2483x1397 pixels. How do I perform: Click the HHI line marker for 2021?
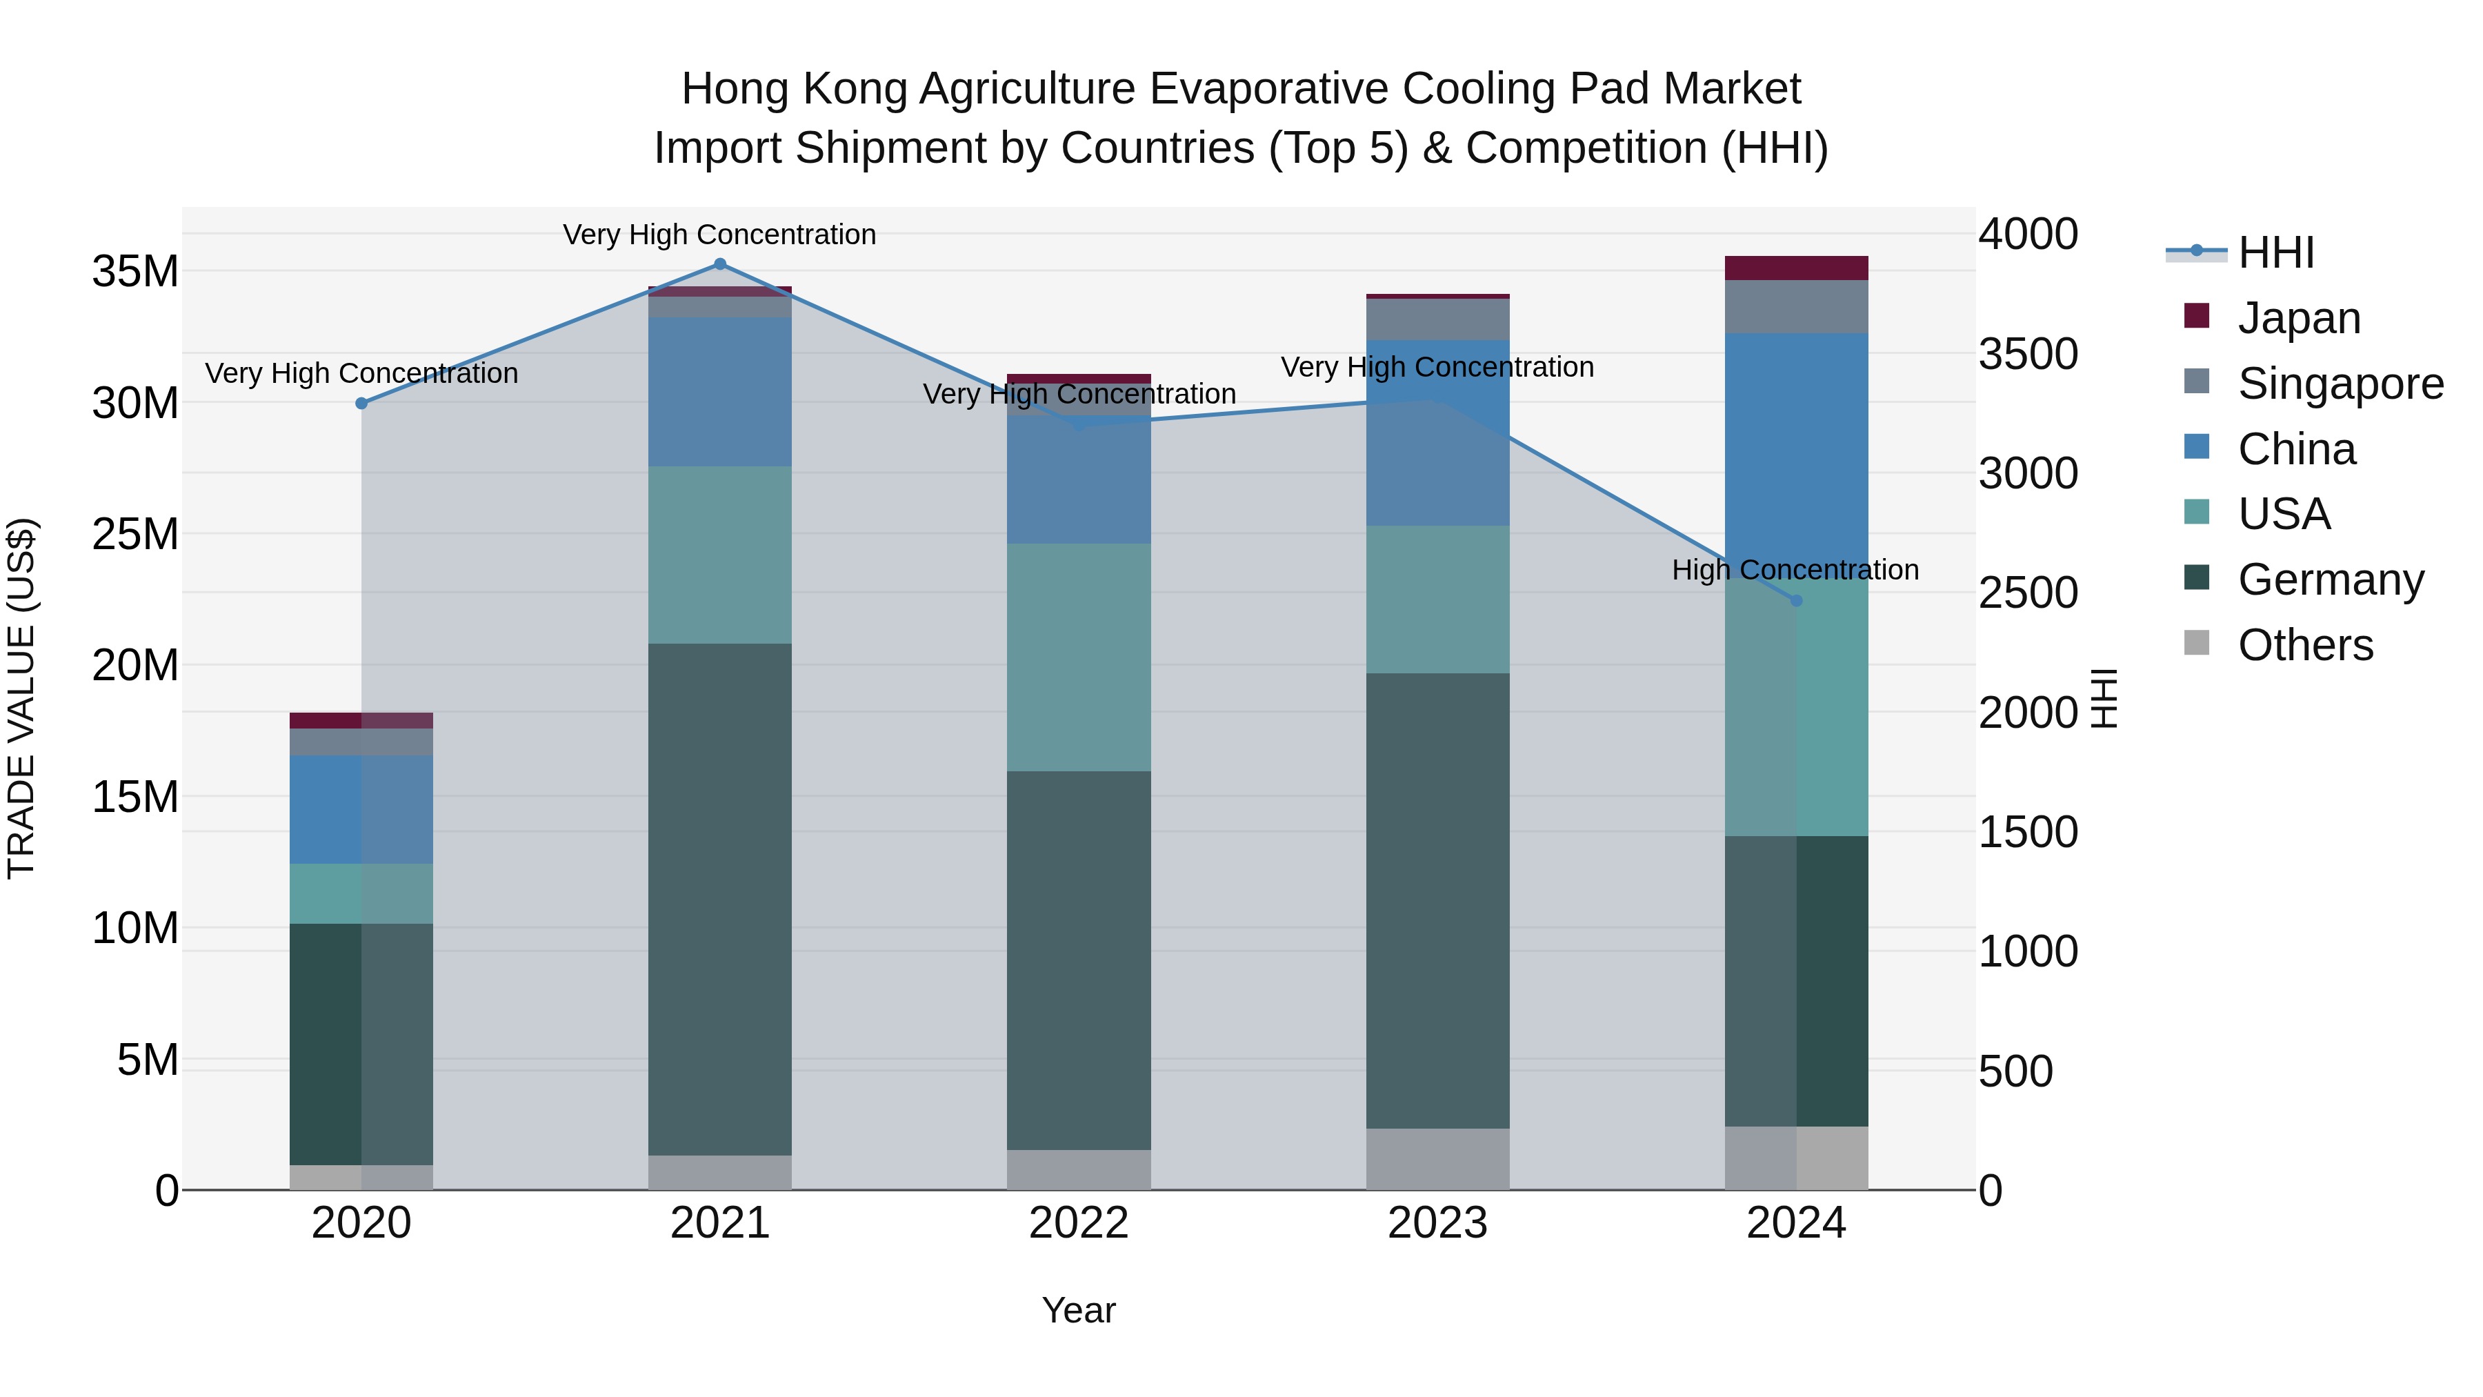click(x=719, y=264)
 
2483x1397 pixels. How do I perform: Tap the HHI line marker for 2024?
click(x=1796, y=601)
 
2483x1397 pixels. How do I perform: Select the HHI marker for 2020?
click(x=361, y=403)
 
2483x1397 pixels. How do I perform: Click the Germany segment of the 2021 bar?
click(x=719, y=898)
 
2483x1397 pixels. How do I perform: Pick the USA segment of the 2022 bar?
click(x=1079, y=657)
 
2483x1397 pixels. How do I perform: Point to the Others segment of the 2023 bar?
click(x=1437, y=1159)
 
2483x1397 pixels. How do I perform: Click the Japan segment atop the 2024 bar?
click(x=1796, y=268)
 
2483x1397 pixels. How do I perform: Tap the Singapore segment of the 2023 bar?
click(x=1437, y=319)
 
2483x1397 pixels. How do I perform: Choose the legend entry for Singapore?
click(x=2340, y=384)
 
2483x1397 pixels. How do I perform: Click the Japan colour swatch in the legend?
click(x=2197, y=315)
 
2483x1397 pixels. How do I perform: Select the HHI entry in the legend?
click(x=2275, y=252)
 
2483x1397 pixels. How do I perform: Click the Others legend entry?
click(x=2304, y=645)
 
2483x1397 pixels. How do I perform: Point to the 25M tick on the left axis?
click(x=135, y=534)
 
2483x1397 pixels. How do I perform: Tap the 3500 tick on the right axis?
click(x=2028, y=354)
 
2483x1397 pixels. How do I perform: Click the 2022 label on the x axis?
click(x=1079, y=1223)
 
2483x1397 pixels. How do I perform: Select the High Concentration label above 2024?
click(x=1795, y=570)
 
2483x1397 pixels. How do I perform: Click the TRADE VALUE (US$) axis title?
click(x=21, y=698)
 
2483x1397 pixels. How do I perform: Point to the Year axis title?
click(x=1079, y=1310)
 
